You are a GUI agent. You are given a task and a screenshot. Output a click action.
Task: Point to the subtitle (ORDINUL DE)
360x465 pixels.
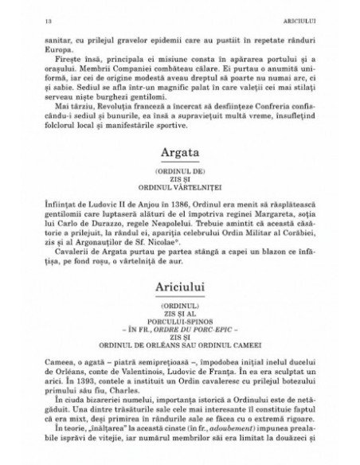click(x=179, y=193)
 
